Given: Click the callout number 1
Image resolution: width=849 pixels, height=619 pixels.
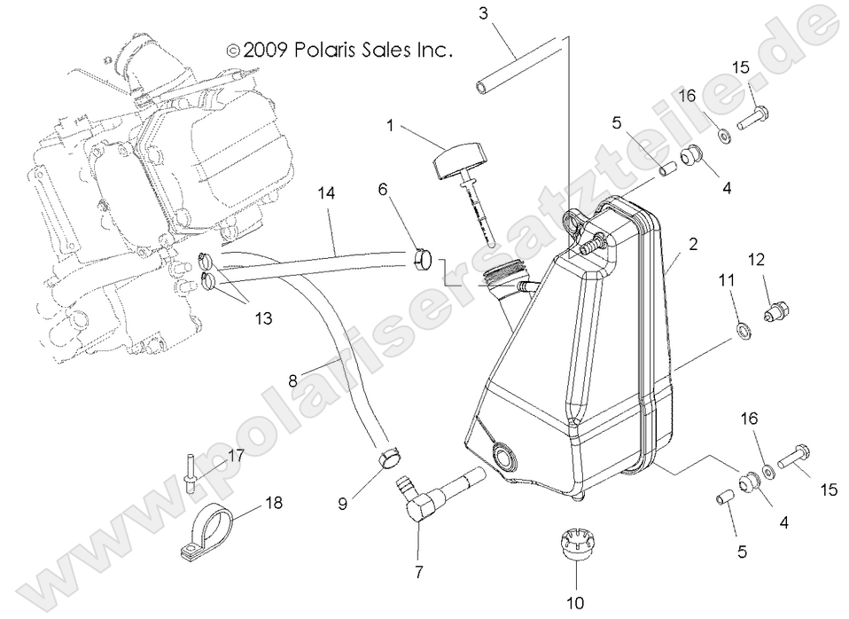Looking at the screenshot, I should point(389,127).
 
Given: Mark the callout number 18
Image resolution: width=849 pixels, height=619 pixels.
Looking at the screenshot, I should point(274,503).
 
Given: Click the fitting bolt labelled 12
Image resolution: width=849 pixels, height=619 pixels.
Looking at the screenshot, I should point(775,309).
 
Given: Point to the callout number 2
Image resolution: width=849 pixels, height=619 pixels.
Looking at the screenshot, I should point(693,243).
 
